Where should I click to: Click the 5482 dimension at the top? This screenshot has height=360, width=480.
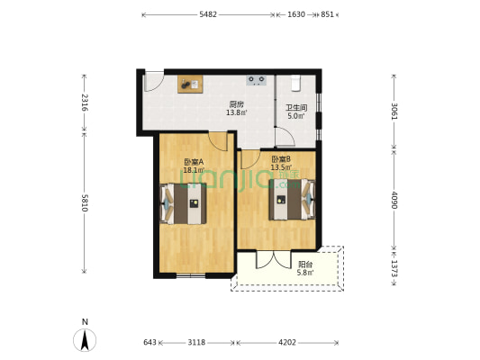(208, 14)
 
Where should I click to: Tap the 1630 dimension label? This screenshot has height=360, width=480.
(296, 14)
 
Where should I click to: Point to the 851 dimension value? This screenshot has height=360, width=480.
(327, 14)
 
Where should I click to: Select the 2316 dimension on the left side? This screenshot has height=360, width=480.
(85, 103)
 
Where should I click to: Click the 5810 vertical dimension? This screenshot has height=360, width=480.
(85, 203)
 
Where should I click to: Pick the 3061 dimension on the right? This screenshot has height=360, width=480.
(395, 112)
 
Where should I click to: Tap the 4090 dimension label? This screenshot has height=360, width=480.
(395, 201)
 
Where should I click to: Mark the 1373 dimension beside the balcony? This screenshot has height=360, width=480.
(395, 268)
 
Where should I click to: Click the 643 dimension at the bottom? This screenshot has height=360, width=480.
(149, 342)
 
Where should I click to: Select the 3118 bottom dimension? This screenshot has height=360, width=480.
(196, 342)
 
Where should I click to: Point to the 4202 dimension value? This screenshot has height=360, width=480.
(287, 342)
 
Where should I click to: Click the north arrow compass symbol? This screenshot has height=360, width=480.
(85, 340)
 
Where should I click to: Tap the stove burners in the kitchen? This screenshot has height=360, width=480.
(257, 80)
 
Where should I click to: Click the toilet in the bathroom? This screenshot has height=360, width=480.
(295, 83)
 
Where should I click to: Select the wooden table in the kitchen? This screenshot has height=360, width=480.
(190, 84)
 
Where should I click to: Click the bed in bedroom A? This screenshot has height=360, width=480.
(183, 203)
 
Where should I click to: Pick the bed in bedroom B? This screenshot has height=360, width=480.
(292, 200)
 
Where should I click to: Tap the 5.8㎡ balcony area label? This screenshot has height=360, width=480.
(305, 273)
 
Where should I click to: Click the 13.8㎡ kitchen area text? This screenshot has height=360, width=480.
(236, 112)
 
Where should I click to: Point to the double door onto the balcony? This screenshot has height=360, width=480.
(274, 260)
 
